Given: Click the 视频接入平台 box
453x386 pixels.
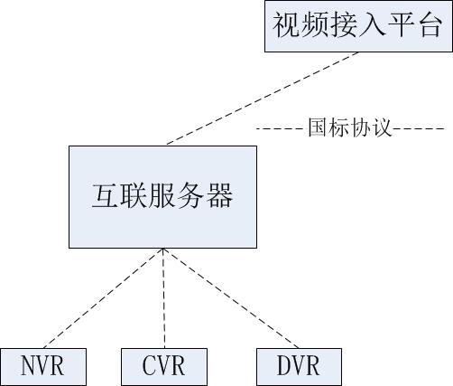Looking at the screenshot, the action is coord(358,26).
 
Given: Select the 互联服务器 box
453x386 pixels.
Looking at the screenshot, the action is coord(162,197).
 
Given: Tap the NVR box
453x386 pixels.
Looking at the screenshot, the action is coord(43,367).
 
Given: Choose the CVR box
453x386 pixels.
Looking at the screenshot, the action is coord(164,367).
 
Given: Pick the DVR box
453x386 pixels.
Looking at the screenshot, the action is coord(299,367).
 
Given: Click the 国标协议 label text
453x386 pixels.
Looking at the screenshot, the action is coord(350,128).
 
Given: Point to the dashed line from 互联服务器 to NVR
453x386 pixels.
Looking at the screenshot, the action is coord(103,298).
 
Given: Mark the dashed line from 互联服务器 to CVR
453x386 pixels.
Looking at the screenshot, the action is coord(164,298).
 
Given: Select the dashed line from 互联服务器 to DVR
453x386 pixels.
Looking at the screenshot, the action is coord(231,298).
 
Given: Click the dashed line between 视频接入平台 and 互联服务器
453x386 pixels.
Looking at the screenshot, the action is coord(263,99).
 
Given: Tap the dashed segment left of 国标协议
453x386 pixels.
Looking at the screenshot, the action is coord(280,129).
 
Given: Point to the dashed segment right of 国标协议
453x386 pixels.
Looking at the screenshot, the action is coord(420,129).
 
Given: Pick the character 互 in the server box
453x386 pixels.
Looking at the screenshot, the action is coord(105,195).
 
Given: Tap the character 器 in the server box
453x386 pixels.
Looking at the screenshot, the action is coord(220,195).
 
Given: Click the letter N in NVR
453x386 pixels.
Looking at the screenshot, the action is coord(28,365).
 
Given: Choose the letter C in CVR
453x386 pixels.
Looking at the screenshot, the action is coord(149,365).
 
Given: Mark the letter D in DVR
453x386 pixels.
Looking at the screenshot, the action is coord(283,365).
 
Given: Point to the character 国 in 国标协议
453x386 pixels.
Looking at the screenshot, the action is coord(319,128).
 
